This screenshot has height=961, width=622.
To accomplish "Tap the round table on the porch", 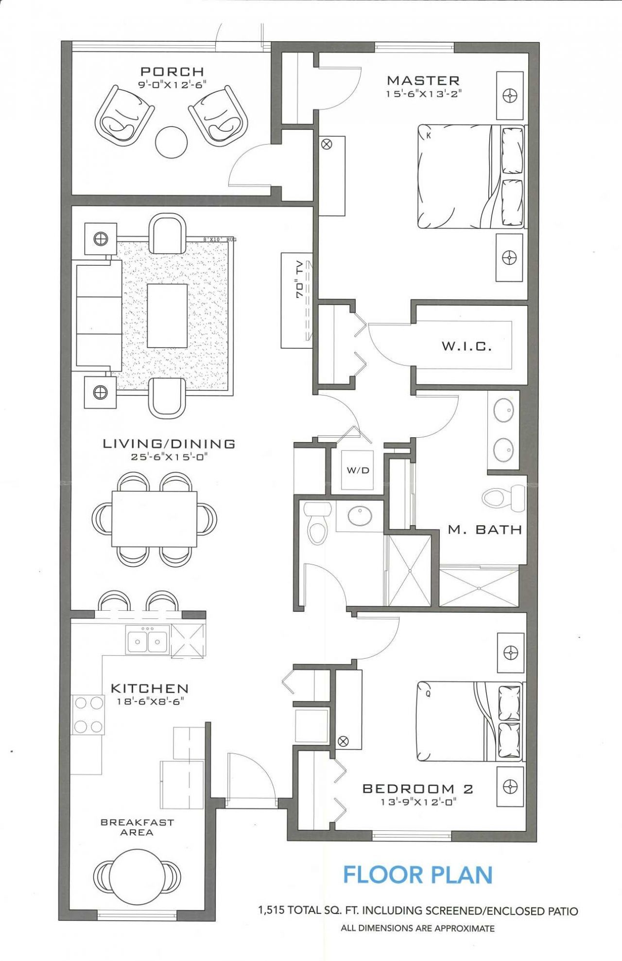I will [x=171, y=142].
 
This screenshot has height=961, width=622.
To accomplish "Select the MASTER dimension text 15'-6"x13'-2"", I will [x=423, y=94].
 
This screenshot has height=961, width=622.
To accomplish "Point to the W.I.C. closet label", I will [x=466, y=346].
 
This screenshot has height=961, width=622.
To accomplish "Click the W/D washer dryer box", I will [x=358, y=470].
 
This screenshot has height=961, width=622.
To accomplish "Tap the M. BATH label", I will [x=484, y=530].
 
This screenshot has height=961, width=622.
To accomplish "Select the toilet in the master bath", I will [x=501, y=498].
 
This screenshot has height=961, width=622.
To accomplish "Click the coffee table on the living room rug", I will [x=167, y=316].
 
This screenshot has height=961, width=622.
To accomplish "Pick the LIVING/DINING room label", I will [x=169, y=444].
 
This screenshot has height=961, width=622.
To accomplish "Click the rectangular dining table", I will [x=155, y=519].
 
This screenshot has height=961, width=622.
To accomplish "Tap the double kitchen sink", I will [x=148, y=641].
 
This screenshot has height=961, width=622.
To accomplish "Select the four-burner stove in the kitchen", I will [x=88, y=714].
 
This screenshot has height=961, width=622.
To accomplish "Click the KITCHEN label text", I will [x=150, y=688].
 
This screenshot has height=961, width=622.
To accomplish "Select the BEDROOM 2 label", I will [x=418, y=789].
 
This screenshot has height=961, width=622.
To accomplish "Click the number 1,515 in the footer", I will [x=272, y=911].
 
